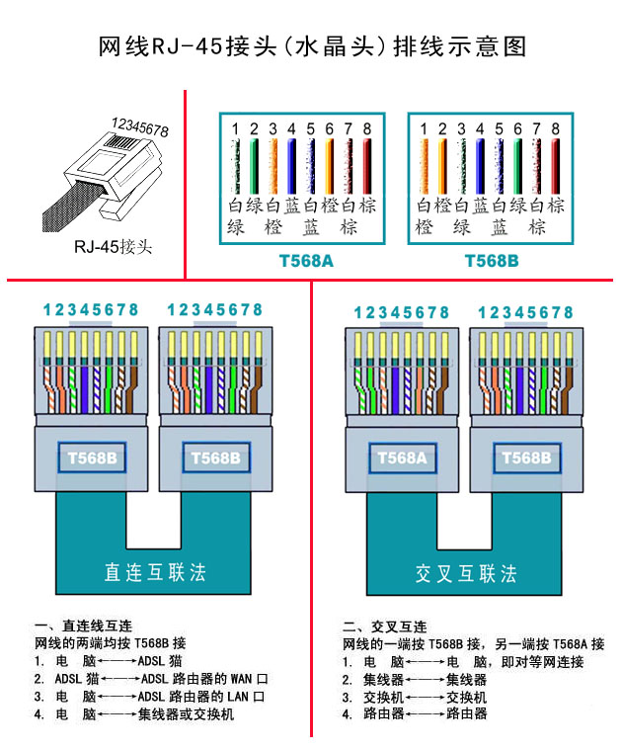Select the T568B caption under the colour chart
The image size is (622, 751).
(491, 263)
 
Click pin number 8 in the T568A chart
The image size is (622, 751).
(367, 128)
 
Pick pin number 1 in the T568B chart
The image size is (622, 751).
(424, 128)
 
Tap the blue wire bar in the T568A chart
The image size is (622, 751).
(292, 166)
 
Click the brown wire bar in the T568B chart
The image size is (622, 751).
(556, 166)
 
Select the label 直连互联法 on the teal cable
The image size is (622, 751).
(155, 573)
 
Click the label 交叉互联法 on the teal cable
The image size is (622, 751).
(466, 573)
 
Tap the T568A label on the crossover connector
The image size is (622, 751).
(399, 459)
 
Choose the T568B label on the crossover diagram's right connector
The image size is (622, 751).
(525, 459)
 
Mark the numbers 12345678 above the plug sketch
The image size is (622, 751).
(139, 128)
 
